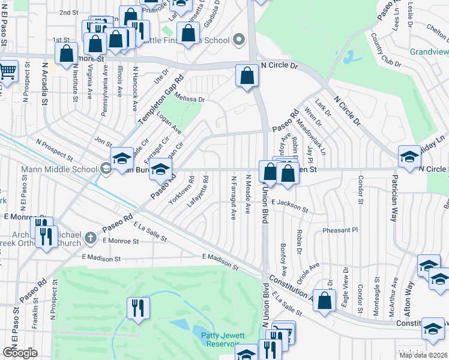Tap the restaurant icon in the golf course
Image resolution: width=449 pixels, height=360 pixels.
(x=138, y=308)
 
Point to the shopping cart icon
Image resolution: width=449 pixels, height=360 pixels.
(x=7, y=71)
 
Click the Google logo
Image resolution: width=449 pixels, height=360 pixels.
(x=20, y=353)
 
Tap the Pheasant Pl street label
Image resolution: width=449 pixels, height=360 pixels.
(x=340, y=230)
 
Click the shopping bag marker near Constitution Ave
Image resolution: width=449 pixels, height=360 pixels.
(x=324, y=302)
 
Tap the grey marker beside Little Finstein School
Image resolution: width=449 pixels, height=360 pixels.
(x=240, y=41)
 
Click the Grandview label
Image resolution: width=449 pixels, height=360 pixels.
(x=429, y=52)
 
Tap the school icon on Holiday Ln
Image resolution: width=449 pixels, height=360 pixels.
(x=409, y=157)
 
